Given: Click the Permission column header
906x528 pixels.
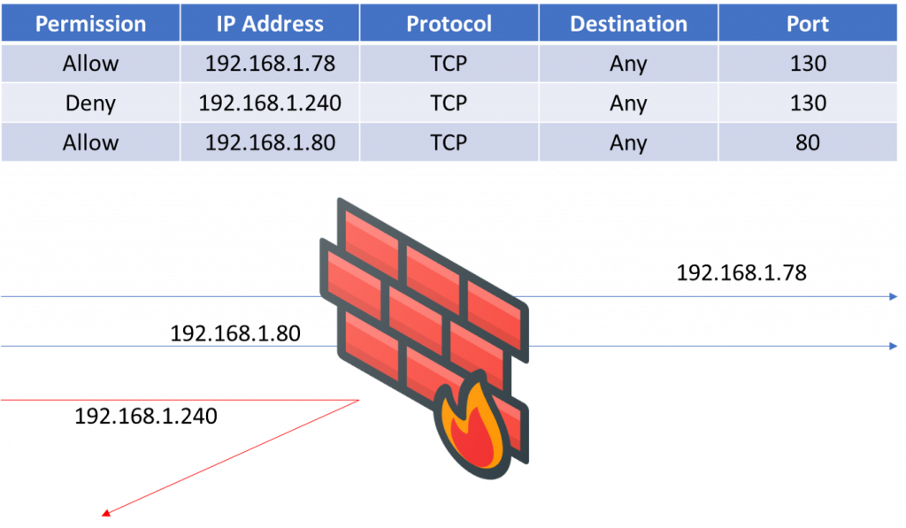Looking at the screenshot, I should tap(90, 24).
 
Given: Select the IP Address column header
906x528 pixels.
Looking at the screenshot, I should tap(270, 24).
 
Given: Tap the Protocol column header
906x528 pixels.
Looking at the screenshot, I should tap(449, 24).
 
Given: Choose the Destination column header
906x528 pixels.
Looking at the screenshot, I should tap(627, 24).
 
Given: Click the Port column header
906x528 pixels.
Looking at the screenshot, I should tap(807, 24).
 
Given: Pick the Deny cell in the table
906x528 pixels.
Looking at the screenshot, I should tap(90, 103).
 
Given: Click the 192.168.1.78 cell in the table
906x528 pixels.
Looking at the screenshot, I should tap(270, 64).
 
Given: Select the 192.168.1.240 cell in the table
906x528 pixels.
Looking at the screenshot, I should tap(270, 103).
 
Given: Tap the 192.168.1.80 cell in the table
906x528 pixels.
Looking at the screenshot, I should tap(270, 142).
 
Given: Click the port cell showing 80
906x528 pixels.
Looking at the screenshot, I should tap(807, 142).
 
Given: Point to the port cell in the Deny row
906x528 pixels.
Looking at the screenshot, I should tap(807, 103).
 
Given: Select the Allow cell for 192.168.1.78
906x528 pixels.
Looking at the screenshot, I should tap(90, 64).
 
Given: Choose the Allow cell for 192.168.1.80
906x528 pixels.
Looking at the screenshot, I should tap(90, 142).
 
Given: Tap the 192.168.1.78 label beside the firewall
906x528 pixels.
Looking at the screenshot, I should tap(741, 272).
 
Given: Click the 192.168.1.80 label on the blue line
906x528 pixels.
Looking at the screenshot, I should tap(235, 333).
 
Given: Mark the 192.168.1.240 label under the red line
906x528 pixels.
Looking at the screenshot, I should tap(146, 415).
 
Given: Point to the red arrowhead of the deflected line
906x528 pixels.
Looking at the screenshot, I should tap(104, 513).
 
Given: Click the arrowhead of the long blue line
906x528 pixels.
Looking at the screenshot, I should tap(894, 347).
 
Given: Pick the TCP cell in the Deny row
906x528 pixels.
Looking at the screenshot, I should tap(449, 103).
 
